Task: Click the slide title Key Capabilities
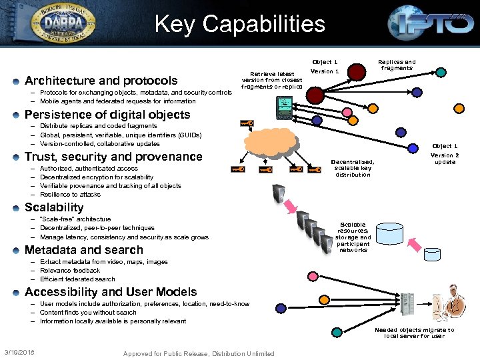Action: point(239,24)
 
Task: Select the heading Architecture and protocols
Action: point(101,80)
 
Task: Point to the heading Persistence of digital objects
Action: point(107,114)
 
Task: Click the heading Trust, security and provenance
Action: point(113,157)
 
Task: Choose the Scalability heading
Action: point(54,207)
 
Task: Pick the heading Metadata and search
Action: point(83,250)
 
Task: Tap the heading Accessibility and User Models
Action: point(111,292)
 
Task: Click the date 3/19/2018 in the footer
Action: point(20,352)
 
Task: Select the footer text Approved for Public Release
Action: point(199,353)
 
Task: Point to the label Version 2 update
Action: point(445,158)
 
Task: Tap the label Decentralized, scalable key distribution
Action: point(353,168)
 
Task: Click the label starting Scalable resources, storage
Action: point(353,237)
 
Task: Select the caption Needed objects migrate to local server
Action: point(414,333)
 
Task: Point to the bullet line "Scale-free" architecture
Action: point(75,219)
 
